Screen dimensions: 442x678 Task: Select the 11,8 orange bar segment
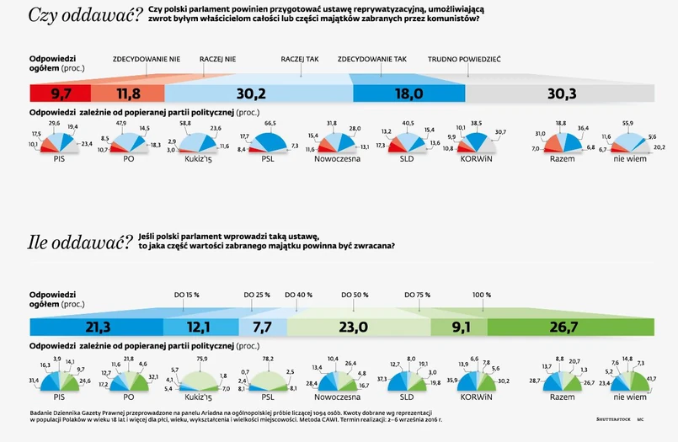tap(128, 93)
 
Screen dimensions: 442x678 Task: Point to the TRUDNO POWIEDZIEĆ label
tap(464, 60)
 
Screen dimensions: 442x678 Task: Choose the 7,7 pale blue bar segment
tap(263, 327)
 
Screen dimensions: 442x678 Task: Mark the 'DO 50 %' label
tap(355, 295)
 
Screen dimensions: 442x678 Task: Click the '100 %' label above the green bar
tap(481, 295)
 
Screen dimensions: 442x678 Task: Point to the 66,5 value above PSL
tap(271, 123)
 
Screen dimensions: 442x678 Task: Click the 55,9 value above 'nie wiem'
tap(627, 123)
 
